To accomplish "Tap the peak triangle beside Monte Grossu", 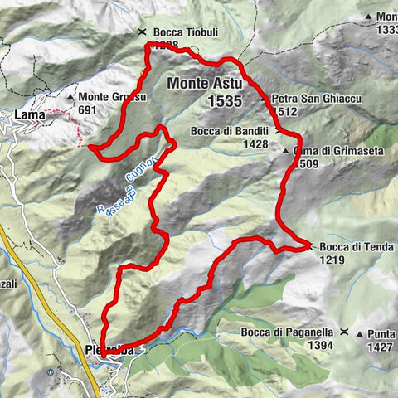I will [x=81, y=97].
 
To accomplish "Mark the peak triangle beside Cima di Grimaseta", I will [x=284, y=152].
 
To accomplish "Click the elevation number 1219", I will [x=332, y=259].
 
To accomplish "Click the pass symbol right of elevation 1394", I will [x=342, y=332].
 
